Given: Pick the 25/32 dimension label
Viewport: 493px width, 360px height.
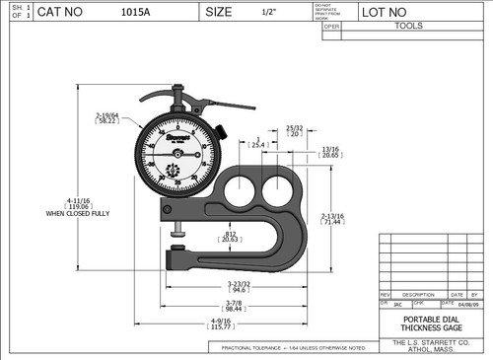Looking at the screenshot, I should pos(294,129).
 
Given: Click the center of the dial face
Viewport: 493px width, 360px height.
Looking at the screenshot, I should pos(177,153).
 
